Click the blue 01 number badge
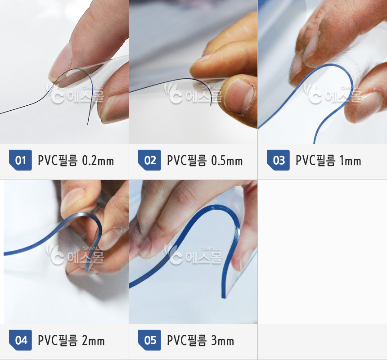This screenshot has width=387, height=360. [20, 160]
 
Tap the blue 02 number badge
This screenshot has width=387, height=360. [149, 160]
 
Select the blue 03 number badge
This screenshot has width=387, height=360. [278, 160]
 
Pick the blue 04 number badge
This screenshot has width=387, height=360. [20, 340]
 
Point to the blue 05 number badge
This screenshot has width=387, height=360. [149, 340]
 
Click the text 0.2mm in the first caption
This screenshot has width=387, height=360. [98, 161]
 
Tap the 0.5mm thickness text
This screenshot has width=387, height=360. [227, 161]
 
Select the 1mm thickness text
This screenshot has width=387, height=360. [351, 161]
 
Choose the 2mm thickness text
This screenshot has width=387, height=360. [93, 341]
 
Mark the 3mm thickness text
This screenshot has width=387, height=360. [223, 341]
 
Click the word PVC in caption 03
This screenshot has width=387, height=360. [304, 161]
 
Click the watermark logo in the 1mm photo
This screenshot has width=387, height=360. [333, 93]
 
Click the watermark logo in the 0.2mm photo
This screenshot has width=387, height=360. [75, 93]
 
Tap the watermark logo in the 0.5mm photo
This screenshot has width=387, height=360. [193, 93]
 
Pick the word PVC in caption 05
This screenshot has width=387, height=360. [175, 341]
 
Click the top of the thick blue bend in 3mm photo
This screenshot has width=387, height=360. [217, 207]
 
